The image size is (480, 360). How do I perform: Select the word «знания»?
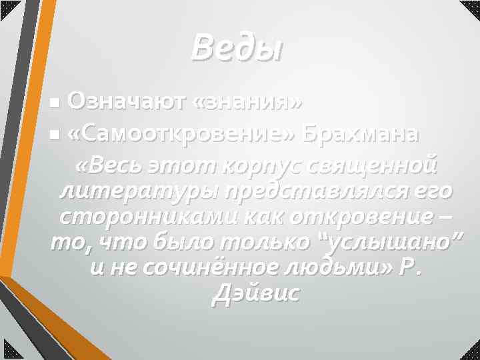click(246, 103)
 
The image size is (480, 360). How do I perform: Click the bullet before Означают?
click(55, 104)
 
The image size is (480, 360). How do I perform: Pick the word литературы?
click(139, 191)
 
